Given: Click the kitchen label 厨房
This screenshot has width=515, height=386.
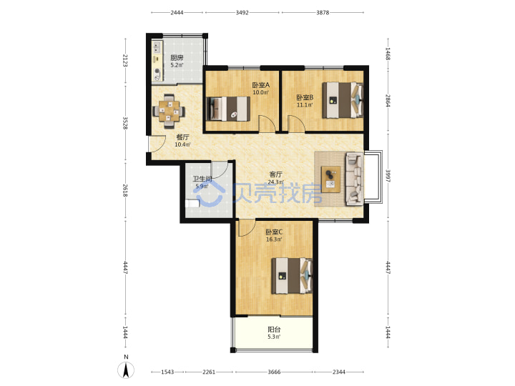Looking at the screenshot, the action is pos(177,58).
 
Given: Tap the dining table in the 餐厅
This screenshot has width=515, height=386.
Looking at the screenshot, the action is pos(169,111).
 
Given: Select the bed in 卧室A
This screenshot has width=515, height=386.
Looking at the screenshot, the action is pos(227,109).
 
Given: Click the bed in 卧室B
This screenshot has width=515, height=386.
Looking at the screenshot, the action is pos(343,100).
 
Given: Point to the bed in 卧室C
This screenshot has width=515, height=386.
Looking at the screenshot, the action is pos(292,276).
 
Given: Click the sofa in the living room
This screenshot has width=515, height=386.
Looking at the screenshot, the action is pos(354,179).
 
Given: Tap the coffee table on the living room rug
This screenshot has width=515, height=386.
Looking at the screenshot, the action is pos(330,179).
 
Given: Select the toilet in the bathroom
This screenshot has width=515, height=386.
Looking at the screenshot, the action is pos(192,204).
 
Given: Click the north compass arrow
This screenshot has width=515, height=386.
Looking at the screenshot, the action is pos(126,370).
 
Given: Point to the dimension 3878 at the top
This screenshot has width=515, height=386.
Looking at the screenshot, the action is pos(323,12).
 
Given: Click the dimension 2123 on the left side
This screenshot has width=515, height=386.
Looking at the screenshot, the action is pos(124,61).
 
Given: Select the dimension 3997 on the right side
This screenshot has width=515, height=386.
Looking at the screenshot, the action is pos(388,176).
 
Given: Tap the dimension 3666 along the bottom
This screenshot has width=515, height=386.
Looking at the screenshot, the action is pos(274,372).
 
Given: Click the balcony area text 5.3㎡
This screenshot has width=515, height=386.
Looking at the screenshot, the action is pos(274,337).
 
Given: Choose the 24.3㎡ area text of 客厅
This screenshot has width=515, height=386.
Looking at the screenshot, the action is pos(275,182).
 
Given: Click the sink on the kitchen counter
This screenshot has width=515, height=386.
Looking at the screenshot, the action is pos(157,47).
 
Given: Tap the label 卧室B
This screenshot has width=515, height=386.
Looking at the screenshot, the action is pos(305,97).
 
